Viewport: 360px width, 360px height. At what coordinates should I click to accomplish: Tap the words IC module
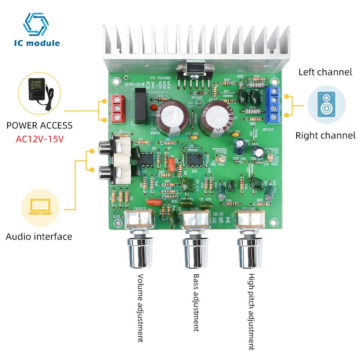tap(37, 43)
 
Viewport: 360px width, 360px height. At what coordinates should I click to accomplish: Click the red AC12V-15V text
tap(40, 139)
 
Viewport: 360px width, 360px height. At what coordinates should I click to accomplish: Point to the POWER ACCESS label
tap(40, 126)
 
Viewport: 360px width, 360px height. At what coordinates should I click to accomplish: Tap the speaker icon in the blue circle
tap(326, 104)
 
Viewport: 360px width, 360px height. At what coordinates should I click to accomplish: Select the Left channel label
tap(325, 72)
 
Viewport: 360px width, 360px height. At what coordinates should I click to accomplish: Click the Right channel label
tap(325, 136)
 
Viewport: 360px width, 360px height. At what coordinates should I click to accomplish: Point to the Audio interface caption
tap(39, 237)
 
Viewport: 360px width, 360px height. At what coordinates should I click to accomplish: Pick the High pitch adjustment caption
tap(251, 311)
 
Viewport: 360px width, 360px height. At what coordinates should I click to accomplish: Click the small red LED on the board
tap(153, 108)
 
